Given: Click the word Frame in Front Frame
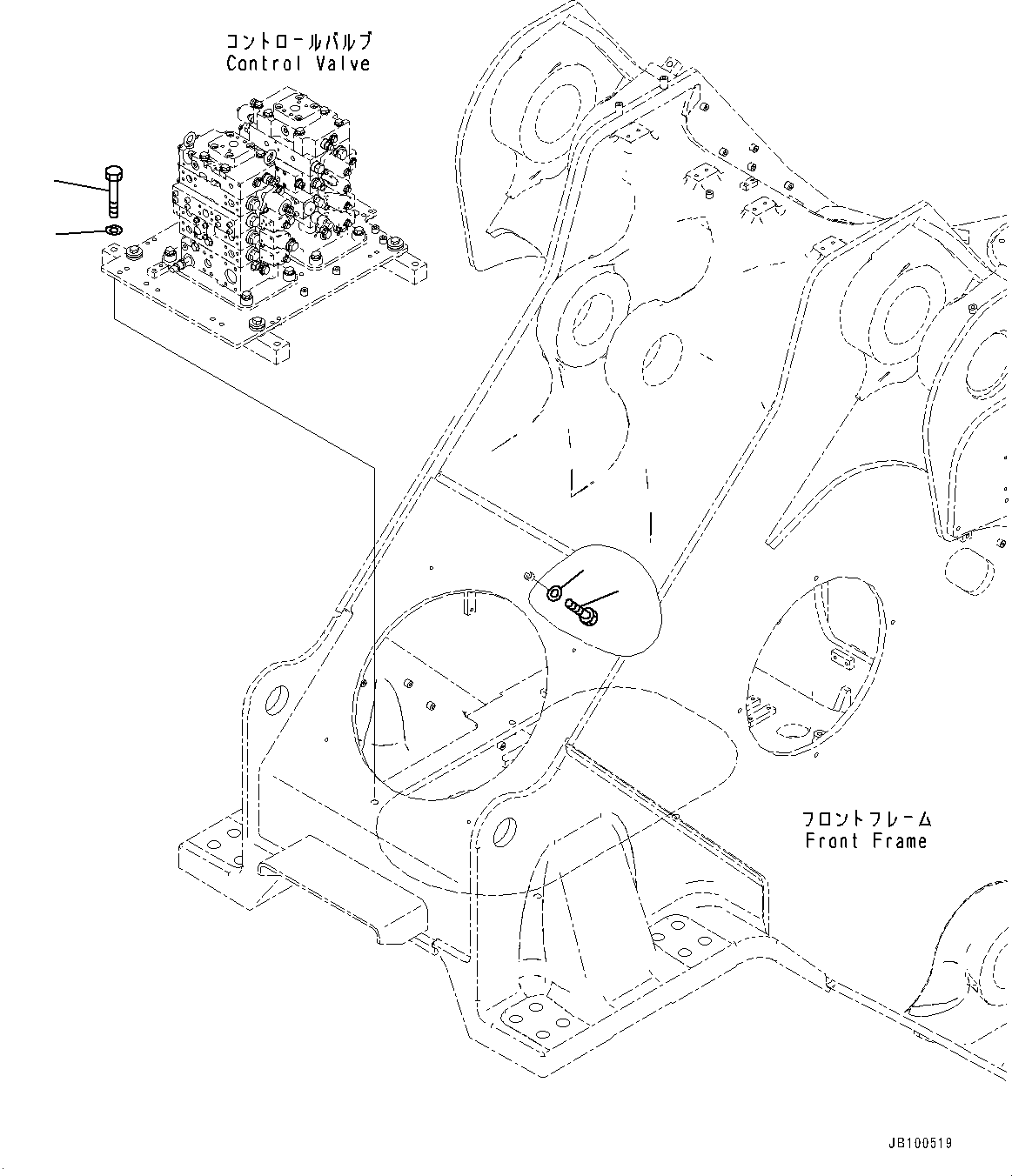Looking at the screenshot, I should coord(899,841).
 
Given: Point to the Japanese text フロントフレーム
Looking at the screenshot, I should coord(867,819).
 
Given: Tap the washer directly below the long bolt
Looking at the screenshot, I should coord(112,231).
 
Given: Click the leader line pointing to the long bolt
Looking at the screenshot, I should coord(80,188).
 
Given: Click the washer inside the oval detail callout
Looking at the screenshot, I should coord(554,593).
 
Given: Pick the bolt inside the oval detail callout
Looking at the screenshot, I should coord(581,611).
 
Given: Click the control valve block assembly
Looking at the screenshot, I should coord(261,209).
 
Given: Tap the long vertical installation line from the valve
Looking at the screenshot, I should coord(373,609).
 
